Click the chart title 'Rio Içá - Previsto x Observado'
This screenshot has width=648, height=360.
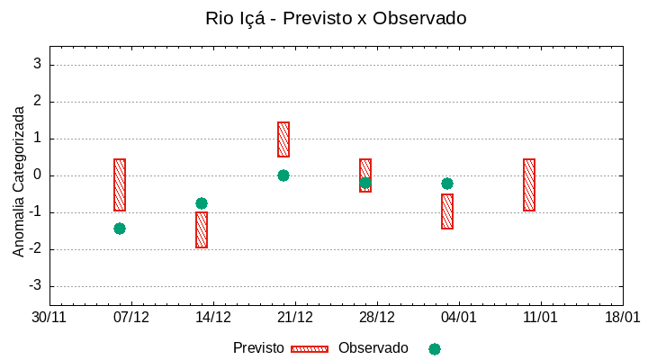tap(336, 18)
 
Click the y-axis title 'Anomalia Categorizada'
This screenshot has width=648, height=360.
tap(19, 181)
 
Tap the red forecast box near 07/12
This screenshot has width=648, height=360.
tap(120, 184)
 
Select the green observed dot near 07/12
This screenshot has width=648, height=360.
tap(120, 229)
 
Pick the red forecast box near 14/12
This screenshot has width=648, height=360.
tap(202, 229)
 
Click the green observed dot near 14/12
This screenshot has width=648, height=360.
tap(202, 203)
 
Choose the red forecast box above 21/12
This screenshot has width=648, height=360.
tap(283, 139)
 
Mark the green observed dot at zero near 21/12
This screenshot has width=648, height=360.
tap(283, 175)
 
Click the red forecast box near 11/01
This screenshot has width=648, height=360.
tap(529, 184)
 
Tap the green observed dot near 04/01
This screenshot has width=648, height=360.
tap(447, 184)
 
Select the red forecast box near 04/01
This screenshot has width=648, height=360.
tap(447, 211)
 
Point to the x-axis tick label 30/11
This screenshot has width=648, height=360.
tap(49, 318)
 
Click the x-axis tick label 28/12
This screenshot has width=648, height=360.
tap(377, 318)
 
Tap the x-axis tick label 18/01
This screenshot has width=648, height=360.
tap(623, 318)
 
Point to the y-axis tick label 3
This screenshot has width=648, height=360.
tap(38, 65)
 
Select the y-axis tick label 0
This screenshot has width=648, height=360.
tap(38, 175)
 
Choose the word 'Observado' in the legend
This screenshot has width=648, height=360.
tap(373, 348)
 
